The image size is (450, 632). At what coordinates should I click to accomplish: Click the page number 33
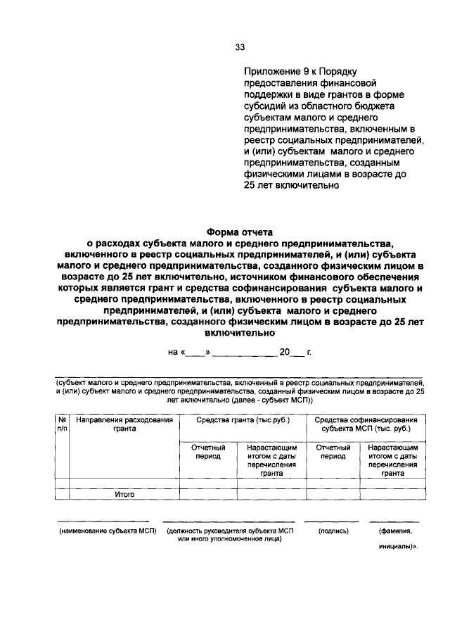point(240,48)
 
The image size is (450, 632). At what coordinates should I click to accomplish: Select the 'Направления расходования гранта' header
point(124,424)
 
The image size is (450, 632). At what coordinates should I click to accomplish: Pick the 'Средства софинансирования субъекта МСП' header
point(362,424)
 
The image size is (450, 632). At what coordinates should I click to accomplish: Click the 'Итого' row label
point(124,495)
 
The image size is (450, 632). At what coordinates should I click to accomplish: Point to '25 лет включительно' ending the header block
point(292,187)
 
